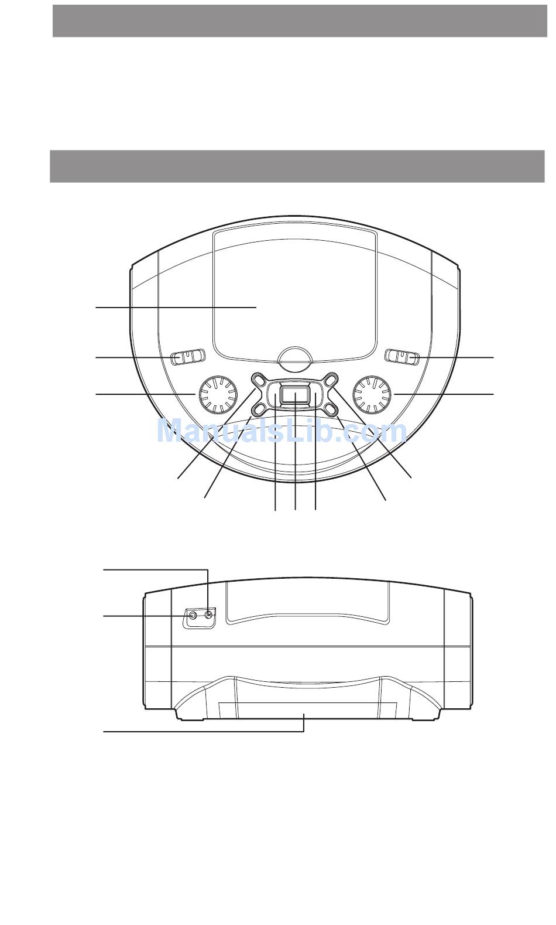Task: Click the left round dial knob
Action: click(218, 394)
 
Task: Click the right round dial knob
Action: click(372, 394)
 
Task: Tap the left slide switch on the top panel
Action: click(188, 357)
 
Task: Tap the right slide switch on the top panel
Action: click(401, 357)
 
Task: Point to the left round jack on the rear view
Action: click(193, 616)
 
